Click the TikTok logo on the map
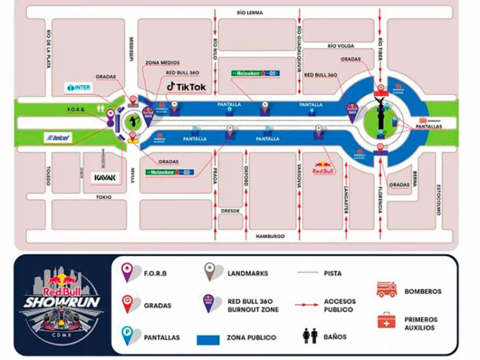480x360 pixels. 186,86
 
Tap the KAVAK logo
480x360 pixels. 105,177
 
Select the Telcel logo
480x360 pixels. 58,137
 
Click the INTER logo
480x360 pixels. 78,87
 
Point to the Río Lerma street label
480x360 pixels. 250,12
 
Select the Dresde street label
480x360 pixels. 230,210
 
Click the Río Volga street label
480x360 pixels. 341,45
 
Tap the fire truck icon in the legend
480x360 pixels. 387,290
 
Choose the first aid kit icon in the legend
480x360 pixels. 387,320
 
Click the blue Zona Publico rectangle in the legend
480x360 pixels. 220,338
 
